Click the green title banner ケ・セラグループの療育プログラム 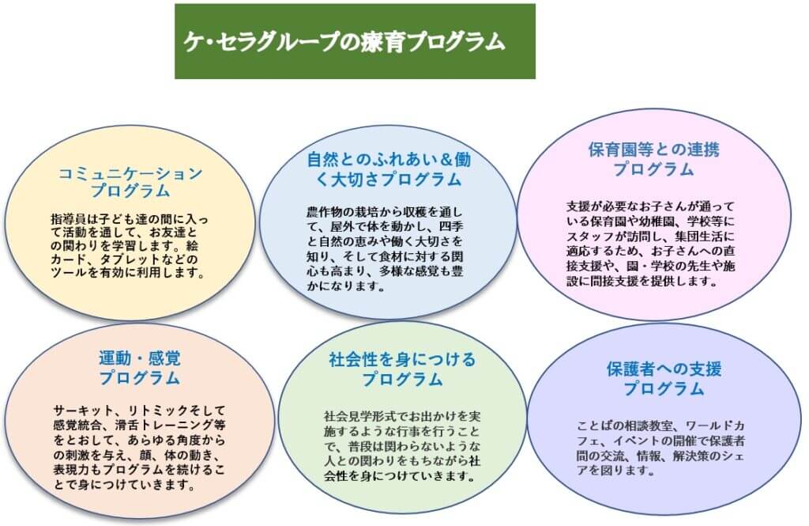(355, 41)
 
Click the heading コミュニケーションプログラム (130, 182)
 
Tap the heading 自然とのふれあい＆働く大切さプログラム (389, 169)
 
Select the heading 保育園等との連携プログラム (653, 159)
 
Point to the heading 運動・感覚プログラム (139, 368)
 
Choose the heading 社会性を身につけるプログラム (402, 369)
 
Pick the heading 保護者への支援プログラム (664, 379)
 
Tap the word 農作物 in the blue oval (325, 212)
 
